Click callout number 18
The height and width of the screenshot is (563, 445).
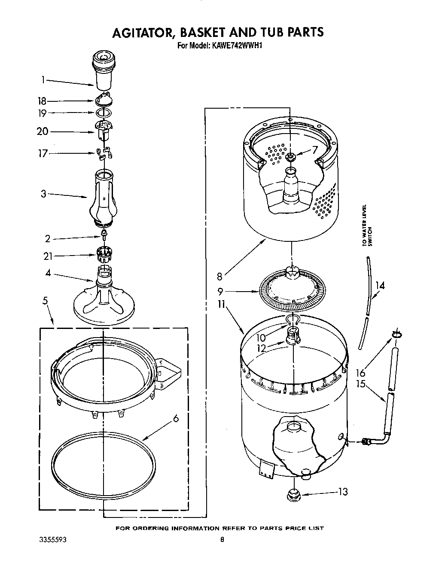(x=42, y=101)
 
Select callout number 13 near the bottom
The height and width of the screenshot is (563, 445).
(x=342, y=492)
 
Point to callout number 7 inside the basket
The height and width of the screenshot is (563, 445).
(x=315, y=150)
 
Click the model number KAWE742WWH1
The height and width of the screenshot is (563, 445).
(x=234, y=44)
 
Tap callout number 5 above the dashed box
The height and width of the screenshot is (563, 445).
(x=45, y=301)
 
